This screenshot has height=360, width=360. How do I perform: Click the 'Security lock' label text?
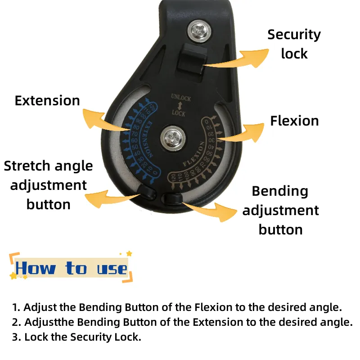coord(294,44)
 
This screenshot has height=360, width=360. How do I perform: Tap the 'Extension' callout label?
coord(47,100)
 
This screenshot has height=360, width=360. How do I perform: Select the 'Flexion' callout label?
coord(294,121)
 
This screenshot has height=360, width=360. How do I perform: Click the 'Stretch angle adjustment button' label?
coord(48,185)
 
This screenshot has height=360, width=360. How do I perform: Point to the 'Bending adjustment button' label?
coord(280,210)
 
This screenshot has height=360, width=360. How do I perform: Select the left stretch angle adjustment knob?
coord(148,193)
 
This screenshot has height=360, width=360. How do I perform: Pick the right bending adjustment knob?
coord(173,198)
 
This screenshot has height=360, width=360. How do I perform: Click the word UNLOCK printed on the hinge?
coord(181,98)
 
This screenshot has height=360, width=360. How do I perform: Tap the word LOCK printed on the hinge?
coord(179,114)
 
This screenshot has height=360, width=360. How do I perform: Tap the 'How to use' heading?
coord(71,269)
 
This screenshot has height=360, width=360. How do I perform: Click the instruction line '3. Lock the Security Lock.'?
coord(76,337)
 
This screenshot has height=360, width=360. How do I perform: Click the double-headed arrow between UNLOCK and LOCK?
coord(179,106)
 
